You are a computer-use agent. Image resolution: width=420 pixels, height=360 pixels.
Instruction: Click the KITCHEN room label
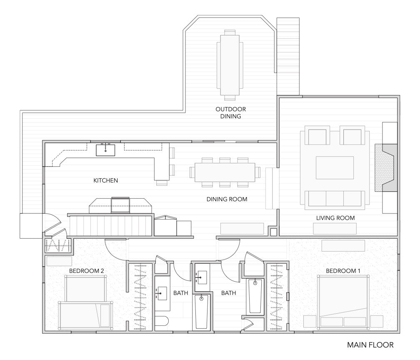[105, 180]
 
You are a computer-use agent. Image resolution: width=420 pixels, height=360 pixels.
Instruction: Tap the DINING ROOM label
[227, 199]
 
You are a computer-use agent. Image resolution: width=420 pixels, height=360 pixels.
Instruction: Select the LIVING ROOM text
[335, 218]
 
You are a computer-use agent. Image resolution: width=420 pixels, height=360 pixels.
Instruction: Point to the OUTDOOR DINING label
[231, 113]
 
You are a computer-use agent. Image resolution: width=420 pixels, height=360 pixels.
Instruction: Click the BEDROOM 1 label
[343, 271]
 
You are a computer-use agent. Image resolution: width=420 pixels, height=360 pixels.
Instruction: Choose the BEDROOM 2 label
[87, 271]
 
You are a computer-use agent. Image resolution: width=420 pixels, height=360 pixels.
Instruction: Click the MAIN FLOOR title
[370, 345]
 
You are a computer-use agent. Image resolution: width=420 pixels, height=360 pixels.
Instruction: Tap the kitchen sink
[105, 150]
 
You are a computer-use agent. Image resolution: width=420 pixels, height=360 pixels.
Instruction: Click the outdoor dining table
[230, 65]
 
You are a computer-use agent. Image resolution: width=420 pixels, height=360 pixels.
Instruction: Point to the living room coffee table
[335, 168]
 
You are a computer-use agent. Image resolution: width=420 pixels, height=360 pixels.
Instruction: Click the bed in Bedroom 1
[342, 302]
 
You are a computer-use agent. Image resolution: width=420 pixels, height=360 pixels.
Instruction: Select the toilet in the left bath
[161, 321]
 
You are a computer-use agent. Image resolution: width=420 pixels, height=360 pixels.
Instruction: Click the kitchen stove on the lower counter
[120, 205]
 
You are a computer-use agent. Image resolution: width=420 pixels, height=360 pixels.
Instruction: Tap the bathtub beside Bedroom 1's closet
[255, 296]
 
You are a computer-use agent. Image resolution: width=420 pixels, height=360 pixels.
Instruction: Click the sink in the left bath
[162, 293]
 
